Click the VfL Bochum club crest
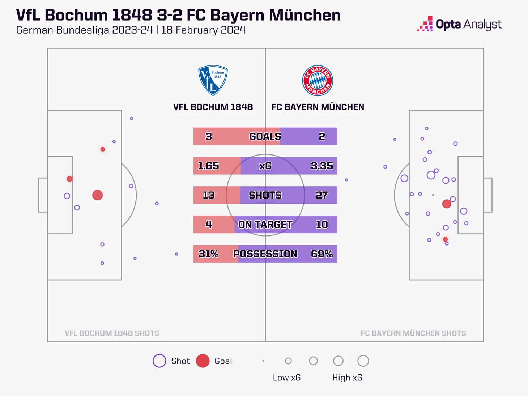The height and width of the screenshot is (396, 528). tap(213, 80)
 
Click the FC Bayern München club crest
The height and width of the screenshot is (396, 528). tap(318, 81)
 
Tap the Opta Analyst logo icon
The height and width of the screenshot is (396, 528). tap(425, 24)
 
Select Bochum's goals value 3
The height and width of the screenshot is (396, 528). tap(209, 136)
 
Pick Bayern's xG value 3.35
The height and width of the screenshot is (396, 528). tap(322, 166)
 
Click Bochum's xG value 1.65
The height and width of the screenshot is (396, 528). tap(208, 166)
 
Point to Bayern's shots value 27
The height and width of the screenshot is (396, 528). tap(322, 195)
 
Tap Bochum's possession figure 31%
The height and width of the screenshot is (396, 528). tap(208, 254)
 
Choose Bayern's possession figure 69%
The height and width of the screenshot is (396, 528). tap(322, 254)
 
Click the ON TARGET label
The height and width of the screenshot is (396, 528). tap(265, 225)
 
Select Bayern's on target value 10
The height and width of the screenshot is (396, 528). tap(322, 225)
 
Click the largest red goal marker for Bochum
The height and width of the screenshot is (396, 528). tap(97, 195)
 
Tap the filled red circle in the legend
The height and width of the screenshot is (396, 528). tap(203, 361)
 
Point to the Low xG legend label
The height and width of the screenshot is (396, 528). tap(287, 378)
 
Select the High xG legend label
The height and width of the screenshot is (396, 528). tap(347, 378)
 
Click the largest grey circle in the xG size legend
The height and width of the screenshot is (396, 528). tap(363, 355)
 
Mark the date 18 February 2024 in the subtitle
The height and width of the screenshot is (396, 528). tap(204, 30)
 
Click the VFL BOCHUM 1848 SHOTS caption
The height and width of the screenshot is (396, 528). tap(112, 333)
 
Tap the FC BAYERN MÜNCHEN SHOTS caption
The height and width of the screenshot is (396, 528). tap(413, 333)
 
